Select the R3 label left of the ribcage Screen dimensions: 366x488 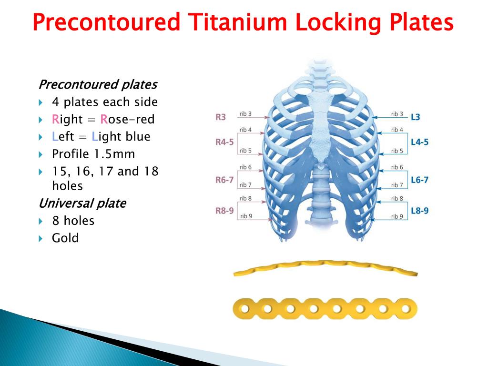(x=221, y=116)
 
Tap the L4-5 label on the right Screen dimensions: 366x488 (x=419, y=142)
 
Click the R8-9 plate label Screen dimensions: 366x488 (x=224, y=210)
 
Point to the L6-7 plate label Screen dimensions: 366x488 (x=419, y=180)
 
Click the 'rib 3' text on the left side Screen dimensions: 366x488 (x=246, y=114)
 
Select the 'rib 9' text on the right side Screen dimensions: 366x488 (x=397, y=216)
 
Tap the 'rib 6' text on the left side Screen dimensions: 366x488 (x=246, y=167)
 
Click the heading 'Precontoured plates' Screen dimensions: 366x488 (x=97, y=85)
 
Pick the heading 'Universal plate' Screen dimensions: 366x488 (x=82, y=203)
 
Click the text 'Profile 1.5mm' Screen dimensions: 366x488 (x=93, y=154)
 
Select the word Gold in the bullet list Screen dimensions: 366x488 (x=65, y=238)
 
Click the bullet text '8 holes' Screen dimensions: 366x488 (x=73, y=221)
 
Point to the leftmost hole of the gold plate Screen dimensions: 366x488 (x=244, y=309)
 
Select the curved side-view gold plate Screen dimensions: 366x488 (x=325, y=268)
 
